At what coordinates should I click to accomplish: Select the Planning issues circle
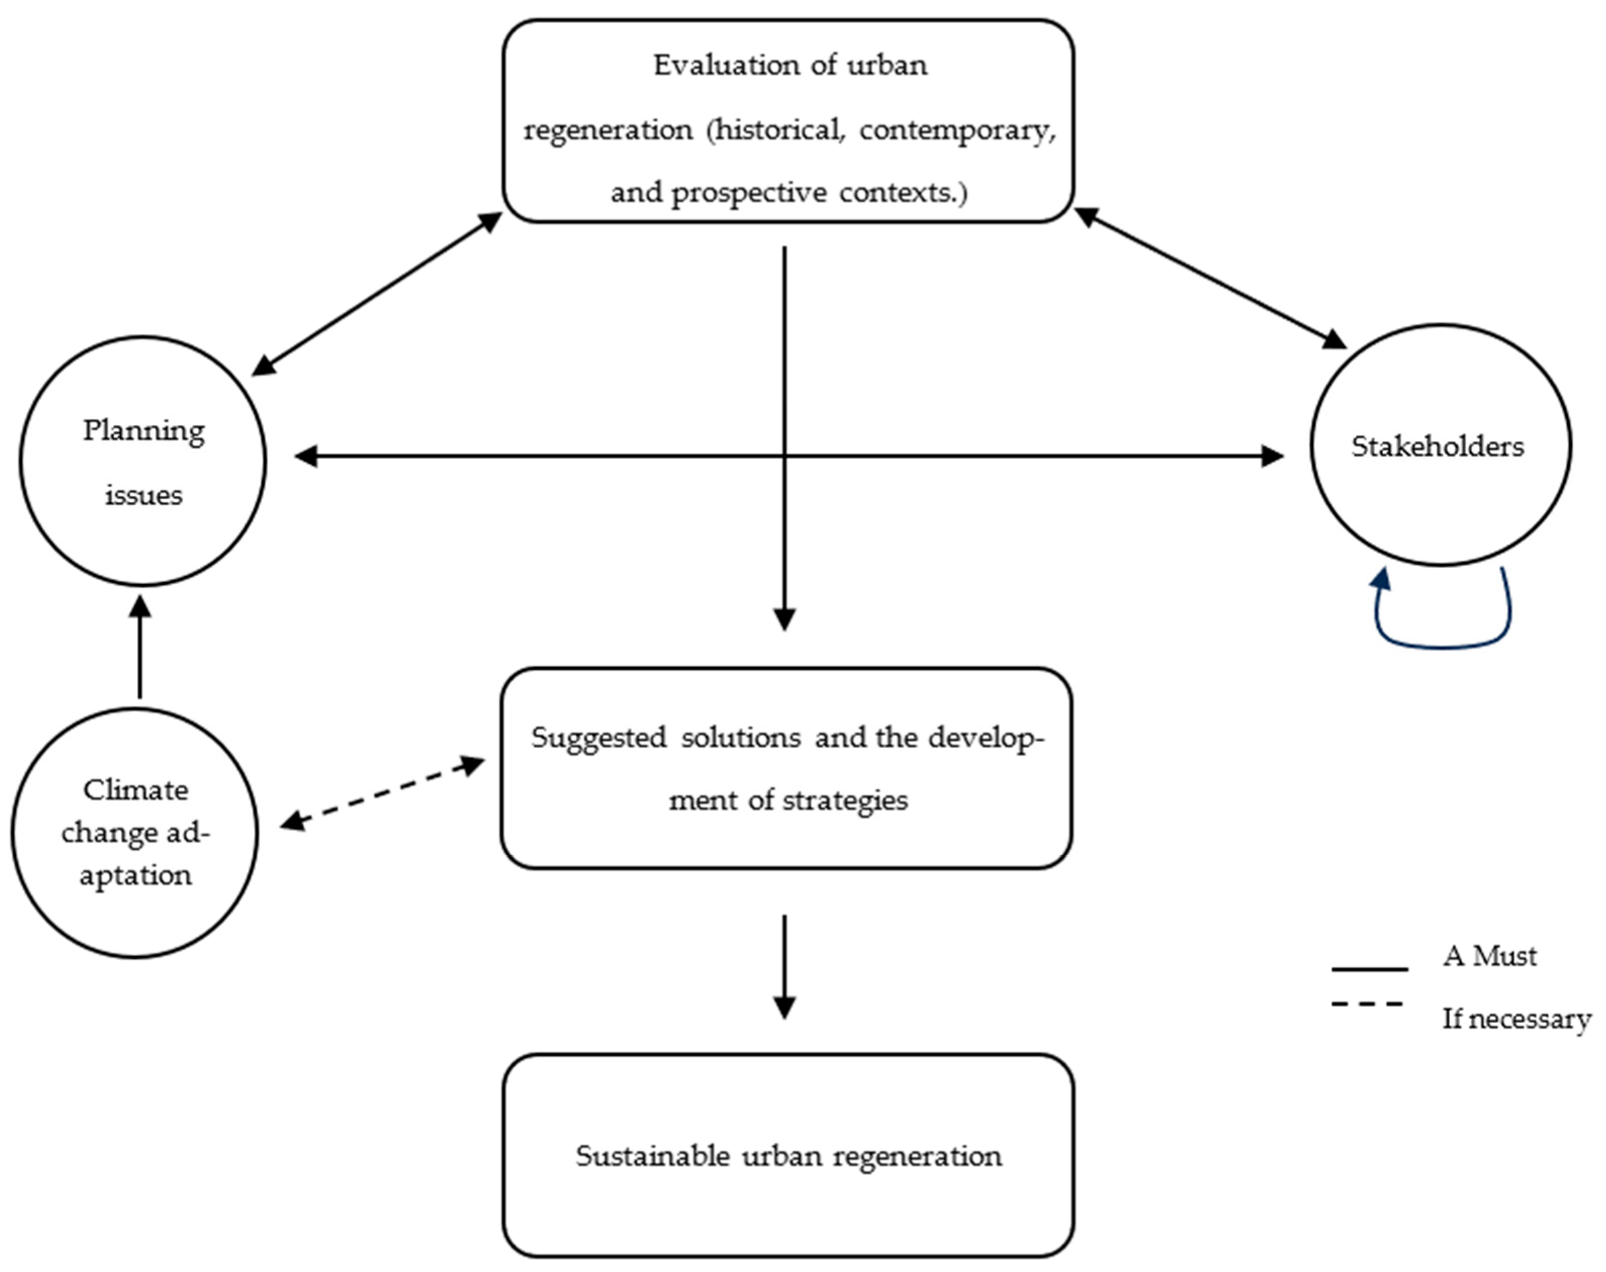[143, 462]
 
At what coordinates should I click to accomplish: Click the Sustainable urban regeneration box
[788, 1155]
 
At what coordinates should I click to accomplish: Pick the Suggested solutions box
[786, 768]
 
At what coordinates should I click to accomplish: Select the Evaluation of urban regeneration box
[788, 121]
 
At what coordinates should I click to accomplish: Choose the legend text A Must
[1489, 955]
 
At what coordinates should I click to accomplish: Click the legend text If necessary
[1516, 1018]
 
